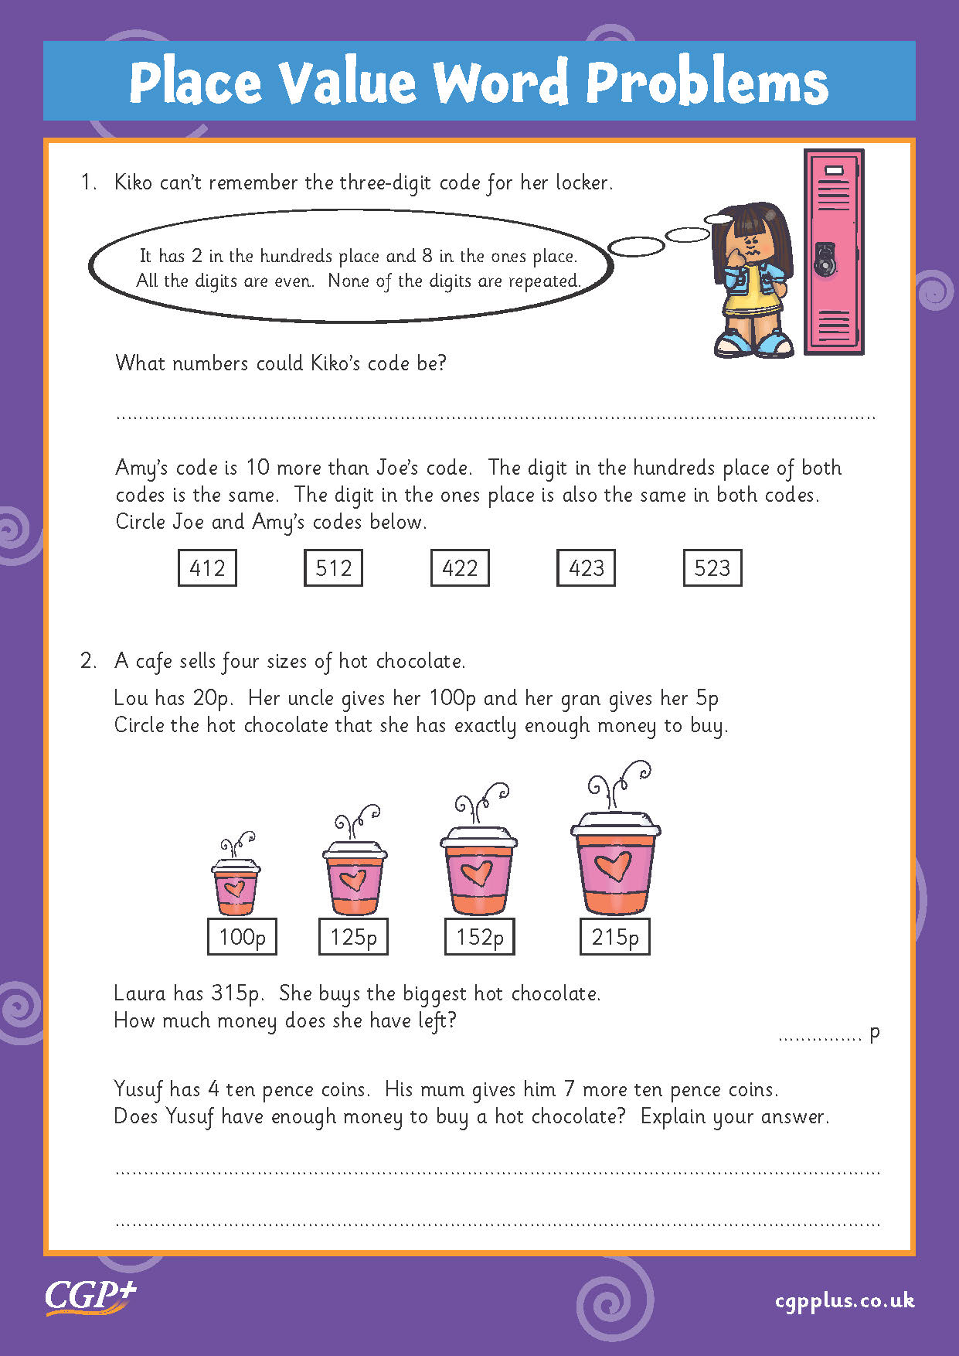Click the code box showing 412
pos(207,568)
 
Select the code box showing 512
pos(333,568)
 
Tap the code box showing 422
pos(460,568)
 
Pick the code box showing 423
pos(586,568)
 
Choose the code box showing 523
pos(712,568)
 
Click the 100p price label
pos(242,937)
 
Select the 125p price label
pos(353,937)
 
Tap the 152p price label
pos(479,937)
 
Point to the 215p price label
pos(615,937)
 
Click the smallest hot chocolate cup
pos(236,886)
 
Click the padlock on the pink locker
pos(825,260)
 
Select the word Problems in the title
pos(706,82)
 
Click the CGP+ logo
pos(90,1296)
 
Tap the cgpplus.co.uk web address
pos(845,1300)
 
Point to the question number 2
pos(88,661)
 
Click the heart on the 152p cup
pos(476,873)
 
